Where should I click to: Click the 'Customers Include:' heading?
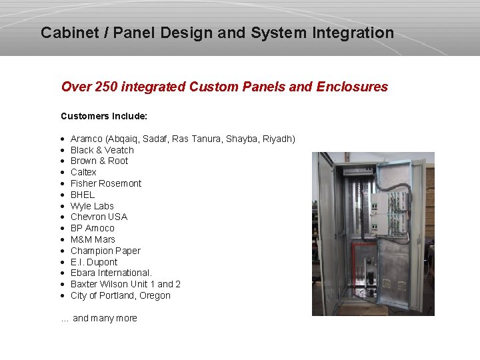(x=104, y=116)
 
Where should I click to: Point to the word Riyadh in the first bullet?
(x=279, y=139)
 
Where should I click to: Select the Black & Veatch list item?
(x=102, y=150)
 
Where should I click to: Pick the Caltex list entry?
(x=83, y=172)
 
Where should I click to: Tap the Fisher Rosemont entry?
(x=106, y=183)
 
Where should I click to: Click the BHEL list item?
(x=83, y=195)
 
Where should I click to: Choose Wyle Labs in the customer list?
(x=92, y=206)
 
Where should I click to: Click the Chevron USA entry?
(x=99, y=217)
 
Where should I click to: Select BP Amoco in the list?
(x=93, y=228)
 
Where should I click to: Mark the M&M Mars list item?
(x=93, y=239)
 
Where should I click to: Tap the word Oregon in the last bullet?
(x=155, y=295)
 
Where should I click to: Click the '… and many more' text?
(x=99, y=318)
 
